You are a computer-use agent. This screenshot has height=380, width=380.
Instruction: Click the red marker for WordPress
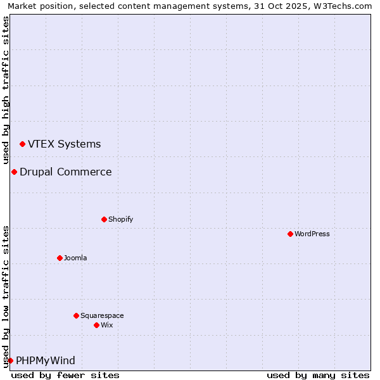[x=290, y=234]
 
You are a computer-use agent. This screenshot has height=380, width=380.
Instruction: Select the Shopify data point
[x=104, y=219]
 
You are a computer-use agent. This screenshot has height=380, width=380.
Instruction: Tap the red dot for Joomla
[x=60, y=258]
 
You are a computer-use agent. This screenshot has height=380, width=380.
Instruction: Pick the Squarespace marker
[x=76, y=315]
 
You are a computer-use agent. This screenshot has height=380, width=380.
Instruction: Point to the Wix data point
[x=96, y=325]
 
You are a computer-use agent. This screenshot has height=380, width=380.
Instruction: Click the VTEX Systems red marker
[x=22, y=144]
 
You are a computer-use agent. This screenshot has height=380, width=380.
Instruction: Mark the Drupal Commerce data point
[x=14, y=172]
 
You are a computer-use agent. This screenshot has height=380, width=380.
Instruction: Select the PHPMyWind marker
[x=10, y=361]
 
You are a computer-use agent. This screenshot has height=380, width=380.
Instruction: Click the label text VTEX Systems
[x=64, y=144]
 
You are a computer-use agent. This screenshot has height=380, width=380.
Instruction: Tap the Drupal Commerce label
[x=65, y=172]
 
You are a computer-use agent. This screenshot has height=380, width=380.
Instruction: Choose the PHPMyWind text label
[x=45, y=360]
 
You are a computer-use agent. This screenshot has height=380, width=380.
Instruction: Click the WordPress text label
[x=312, y=234]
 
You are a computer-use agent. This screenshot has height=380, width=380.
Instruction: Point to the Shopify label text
[x=120, y=219]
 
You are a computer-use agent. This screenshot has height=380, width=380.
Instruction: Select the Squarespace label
[x=102, y=315]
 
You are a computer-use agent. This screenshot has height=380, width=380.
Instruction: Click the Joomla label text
[x=75, y=258]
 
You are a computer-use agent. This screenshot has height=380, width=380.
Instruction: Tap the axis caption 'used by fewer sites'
[x=65, y=375]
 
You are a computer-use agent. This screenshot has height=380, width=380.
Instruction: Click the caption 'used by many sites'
[x=318, y=375]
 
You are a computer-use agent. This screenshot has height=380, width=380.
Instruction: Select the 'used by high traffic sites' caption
[x=6, y=91]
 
